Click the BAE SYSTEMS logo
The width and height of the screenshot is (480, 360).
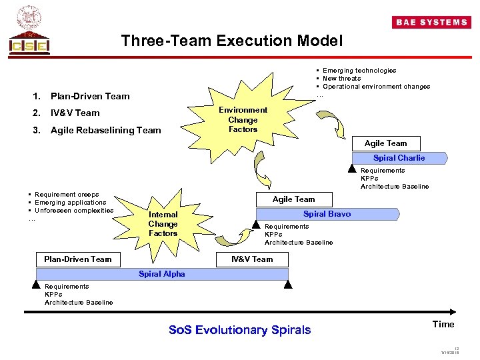coord(432,22)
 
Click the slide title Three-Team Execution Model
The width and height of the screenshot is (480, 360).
coord(231,41)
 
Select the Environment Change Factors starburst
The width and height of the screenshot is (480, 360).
coord(242,119)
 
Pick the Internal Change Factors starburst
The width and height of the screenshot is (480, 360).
coord(163,224)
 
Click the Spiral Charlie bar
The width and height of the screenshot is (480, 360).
coord(399,158)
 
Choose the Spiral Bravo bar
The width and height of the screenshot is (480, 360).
coord(327,214)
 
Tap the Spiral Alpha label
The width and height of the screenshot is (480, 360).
coord(161,274)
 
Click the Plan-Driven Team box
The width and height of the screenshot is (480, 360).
coord(78,259)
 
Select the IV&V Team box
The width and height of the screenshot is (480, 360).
coord(252,259)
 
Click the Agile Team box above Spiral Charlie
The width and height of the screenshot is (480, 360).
coord(385,143)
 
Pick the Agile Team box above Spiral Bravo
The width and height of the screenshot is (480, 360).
coord(293,199)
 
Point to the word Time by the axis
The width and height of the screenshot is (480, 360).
coord(443,325)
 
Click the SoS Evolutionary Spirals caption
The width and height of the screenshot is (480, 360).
coord(240,330)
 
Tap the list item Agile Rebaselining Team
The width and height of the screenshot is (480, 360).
coord(106,130)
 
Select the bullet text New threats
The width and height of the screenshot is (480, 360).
coord(341,78)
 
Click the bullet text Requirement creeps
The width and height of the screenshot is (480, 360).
coord(67,195)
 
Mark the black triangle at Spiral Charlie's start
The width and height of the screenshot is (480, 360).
coord(353,171)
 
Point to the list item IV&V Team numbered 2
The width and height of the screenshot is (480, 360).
coord(75,113)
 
